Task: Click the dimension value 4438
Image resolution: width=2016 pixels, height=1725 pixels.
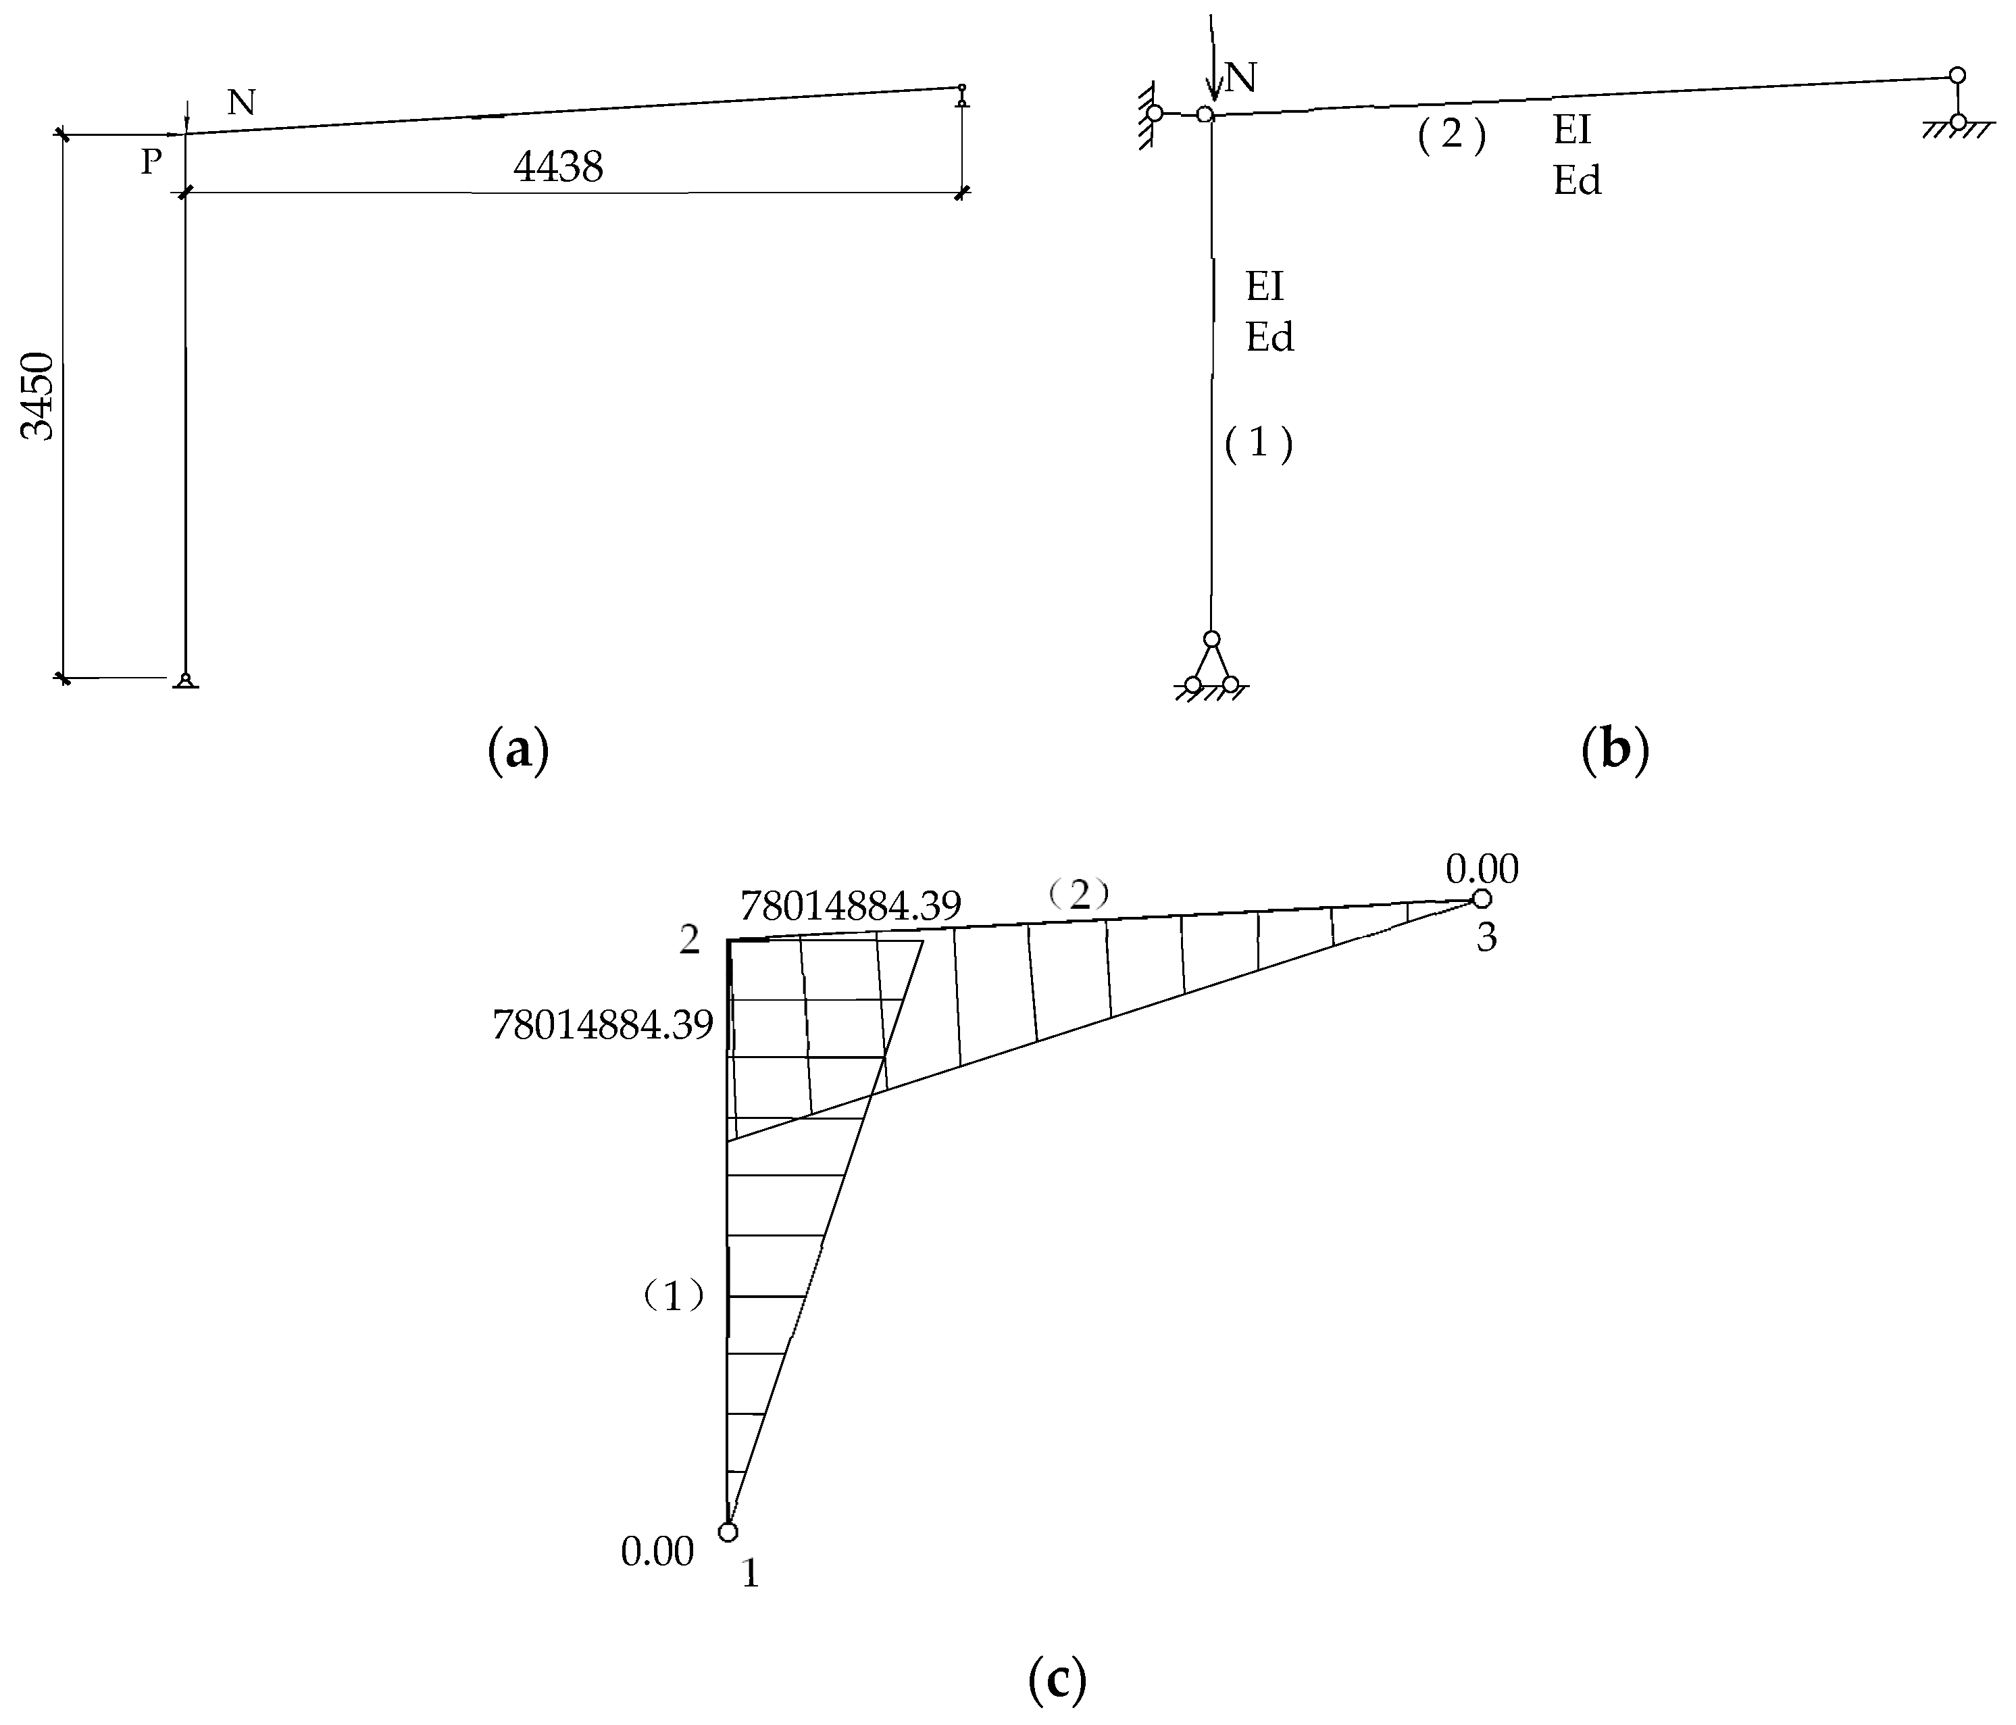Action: pos(559,168)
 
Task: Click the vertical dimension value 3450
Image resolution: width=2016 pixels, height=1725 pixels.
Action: pos(39,397)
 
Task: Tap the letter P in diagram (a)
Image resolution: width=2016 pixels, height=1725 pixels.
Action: pos(151,161)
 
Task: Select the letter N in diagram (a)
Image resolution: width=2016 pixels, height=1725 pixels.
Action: pos(241,101)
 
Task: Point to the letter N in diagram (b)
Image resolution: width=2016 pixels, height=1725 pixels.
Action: pos(1240,78)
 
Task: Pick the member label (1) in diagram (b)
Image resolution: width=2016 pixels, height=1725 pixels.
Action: pos(1258,444)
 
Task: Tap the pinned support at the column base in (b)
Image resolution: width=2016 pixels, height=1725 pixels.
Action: pos(1211,666)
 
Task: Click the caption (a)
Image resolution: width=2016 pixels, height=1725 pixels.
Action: pos(518,751)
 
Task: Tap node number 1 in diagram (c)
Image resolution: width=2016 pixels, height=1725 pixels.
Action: pos(750,1573)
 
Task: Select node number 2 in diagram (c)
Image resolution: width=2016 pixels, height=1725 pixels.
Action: pos(690,940)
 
